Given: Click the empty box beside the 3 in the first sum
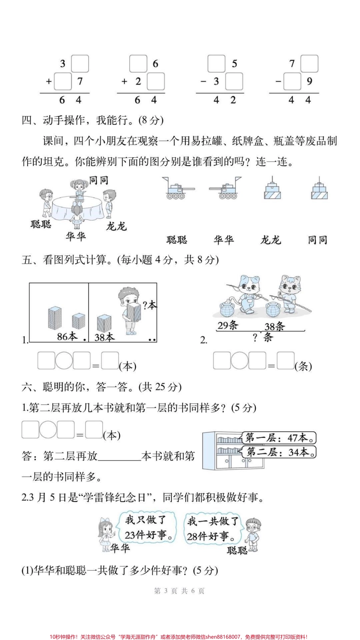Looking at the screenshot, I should (80, 64).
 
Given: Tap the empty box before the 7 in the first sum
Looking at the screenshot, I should (63, 81).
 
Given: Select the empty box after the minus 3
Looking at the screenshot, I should (234, 81).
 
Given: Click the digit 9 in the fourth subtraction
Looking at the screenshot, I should (309, 81).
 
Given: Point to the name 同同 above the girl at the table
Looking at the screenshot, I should (99, 180).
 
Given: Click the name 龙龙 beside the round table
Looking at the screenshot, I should (116, 227).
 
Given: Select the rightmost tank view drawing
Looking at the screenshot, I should (319, 189).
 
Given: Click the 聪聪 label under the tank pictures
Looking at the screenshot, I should (177, 240).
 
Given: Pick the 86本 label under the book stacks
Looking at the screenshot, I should (67, 336).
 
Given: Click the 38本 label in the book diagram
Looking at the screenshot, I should (104, 336).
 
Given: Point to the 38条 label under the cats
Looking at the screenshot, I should (275, 326).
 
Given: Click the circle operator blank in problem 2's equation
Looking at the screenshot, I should (239, 360).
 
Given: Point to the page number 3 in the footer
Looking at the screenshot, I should (166, 591).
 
